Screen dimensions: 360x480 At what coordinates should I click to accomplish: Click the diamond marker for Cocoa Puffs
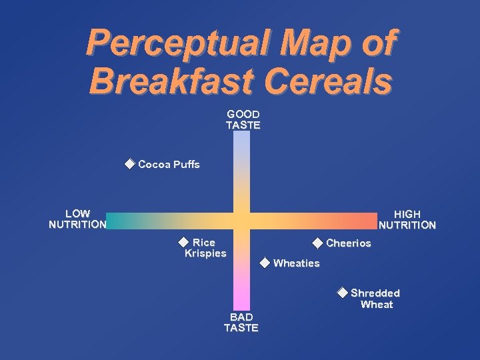click(129, 163)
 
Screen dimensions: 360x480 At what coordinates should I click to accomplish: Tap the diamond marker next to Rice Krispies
click(183, 241)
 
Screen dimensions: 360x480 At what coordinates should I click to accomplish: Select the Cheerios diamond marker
click(317, 243)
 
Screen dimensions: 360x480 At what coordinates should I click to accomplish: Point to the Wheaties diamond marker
click(265, 262)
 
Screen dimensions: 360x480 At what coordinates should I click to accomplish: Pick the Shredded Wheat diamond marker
click(342, 292)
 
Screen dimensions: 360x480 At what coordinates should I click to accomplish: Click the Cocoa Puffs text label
click(169, 164)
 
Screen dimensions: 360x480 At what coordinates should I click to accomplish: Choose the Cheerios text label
click(348, 243)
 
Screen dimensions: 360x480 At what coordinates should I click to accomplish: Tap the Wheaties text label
click(296, 263)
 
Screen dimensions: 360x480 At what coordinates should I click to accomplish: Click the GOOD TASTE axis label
click(243, 119)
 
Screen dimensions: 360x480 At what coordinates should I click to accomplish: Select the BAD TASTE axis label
click(241, 322)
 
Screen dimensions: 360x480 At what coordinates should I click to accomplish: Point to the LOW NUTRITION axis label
click(77, 219)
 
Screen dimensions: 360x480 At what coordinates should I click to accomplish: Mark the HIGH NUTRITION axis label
click(407, 219)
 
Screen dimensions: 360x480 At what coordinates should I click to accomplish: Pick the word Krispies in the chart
click(205, 253)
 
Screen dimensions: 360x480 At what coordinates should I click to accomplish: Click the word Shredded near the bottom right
click(375, 293)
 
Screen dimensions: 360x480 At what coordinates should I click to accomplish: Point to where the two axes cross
click(241, 221)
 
